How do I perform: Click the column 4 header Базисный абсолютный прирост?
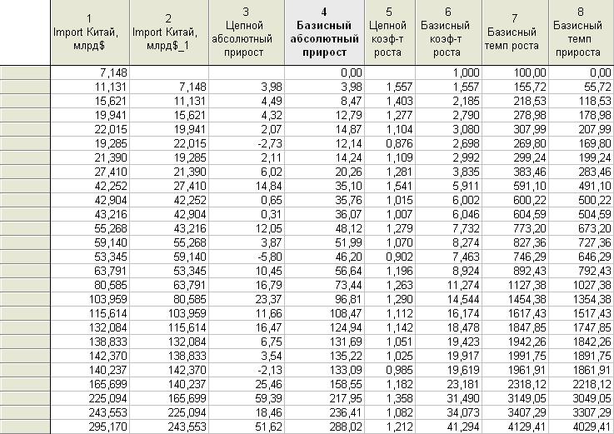(324, 32)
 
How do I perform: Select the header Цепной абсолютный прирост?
(247, 32)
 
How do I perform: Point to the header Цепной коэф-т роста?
(390, 32)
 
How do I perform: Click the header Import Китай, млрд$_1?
(169, 32)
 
